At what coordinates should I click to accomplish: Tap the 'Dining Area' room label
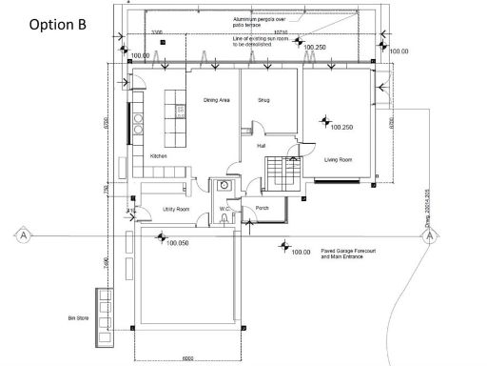(219, 99)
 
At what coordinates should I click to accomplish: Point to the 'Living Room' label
(339, 160)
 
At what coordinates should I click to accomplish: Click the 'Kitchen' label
(159, 155)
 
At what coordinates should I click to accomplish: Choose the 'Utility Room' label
(177, 208)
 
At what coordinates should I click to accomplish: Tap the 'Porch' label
(254, 208)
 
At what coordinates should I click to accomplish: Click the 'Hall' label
(262, 146)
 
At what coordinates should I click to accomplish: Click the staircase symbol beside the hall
(284, 172)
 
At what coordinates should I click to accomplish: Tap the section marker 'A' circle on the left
(18, 233)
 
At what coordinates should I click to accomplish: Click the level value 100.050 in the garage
(177, 244)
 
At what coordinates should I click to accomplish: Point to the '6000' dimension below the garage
(189, 359)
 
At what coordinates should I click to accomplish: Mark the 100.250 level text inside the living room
(341, 127)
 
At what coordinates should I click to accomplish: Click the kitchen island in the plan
(178, 111)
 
